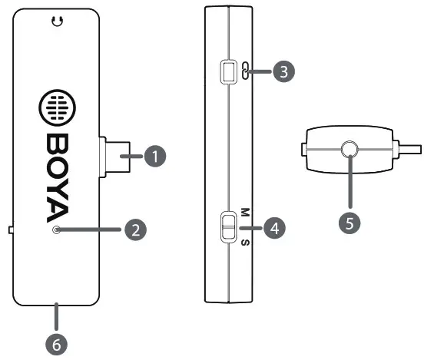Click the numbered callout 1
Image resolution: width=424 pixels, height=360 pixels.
[x=156, y=157]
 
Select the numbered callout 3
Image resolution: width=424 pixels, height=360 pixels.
[x=284, y=72]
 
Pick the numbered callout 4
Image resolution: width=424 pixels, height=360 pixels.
[x=274, y=227]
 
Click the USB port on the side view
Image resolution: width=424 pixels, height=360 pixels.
[x=227, y=72]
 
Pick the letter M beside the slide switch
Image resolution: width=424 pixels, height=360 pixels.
[x=245, y=211]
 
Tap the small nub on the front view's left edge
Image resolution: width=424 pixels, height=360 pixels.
[x=9, y=229]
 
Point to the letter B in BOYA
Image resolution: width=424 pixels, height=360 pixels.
[x=56, y=144]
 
